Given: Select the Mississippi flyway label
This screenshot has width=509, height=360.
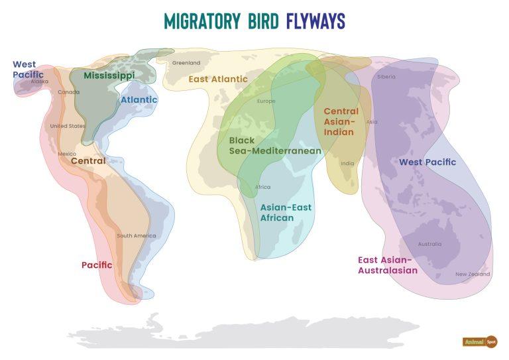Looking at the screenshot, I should [x=109, y=76].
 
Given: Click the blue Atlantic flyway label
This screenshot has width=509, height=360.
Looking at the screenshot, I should [x=139, y=100].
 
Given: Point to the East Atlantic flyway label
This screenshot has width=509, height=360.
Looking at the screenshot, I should [x=218, y=79].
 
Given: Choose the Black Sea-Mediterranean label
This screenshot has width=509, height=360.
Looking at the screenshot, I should [x=274, y=146].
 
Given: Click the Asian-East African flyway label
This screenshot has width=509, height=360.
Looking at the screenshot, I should [x=285, y=212].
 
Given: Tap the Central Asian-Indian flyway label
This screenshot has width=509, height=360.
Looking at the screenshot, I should [x=341, y=121].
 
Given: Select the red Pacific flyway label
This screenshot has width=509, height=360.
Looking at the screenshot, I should [x=97, y=265].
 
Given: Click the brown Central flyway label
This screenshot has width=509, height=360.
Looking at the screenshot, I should [x=88, y=161].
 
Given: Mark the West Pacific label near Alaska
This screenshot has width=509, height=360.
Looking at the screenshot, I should [x=25, y=70].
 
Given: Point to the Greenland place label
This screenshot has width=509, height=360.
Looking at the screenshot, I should [x=186, y=63].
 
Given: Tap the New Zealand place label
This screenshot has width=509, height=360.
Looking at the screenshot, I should [x=473, y=274].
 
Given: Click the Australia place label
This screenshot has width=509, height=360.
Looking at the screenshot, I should [x=429, y=244].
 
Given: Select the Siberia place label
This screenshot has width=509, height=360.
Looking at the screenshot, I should [x=386, y=77].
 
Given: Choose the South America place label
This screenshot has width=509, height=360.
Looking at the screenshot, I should [x=137, y=236].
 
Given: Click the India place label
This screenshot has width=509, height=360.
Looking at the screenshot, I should [x=347, y=163].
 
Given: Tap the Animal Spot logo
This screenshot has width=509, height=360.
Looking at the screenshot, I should [x=480, y=341].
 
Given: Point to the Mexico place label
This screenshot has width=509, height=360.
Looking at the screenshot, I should [x=67, y=154].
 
